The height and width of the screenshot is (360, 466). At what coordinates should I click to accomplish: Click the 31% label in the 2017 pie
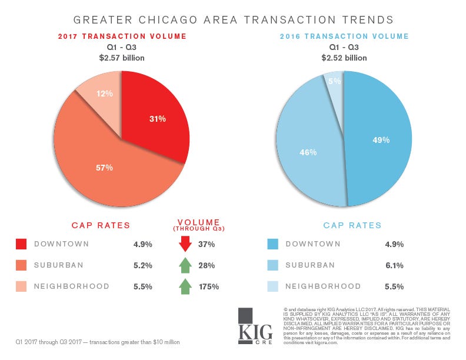(x=157, y=119)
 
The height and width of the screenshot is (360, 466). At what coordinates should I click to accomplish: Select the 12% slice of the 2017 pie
(x=101, y=94)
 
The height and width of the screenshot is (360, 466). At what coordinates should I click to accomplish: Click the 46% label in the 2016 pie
(x=308, y=152)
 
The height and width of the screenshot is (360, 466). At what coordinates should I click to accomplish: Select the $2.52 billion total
(x=344, y=58)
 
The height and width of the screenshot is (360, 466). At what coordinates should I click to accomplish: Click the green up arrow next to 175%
(x=185, y=286)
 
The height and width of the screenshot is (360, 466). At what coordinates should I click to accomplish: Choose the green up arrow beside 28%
(x=185, y=265)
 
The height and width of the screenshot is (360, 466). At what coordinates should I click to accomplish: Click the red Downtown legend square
(x=22, y=244)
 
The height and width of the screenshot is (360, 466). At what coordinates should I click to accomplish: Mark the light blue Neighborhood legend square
(x=272, y=286)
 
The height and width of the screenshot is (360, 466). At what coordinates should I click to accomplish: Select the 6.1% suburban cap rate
(x=394, y=266)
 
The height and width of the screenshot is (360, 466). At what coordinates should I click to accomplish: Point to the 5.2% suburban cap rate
(x=143, y=266)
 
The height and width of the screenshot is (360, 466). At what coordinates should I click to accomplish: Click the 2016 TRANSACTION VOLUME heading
(x=344, y=36)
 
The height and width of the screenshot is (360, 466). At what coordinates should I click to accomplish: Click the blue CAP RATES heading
(x=352, y=225)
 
